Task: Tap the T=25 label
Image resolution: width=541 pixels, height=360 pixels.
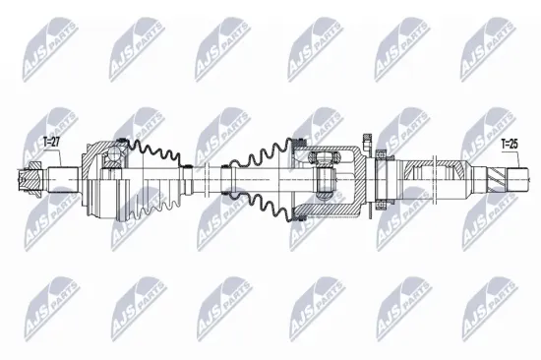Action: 511,144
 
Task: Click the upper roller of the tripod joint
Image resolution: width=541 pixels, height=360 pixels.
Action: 322,157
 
